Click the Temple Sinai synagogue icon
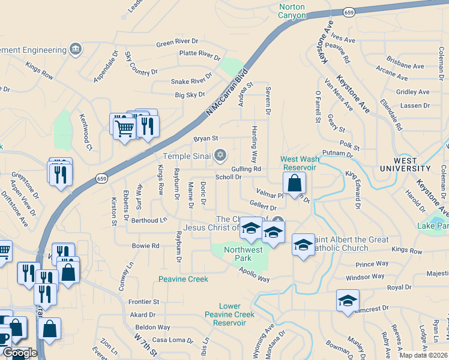[220, 155]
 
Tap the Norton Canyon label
[292, 11]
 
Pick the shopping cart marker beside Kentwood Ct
[124, 127]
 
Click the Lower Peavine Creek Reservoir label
[229, 314]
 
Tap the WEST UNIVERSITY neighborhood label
[406, 165]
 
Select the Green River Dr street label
[177, 42]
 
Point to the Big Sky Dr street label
[190, 95]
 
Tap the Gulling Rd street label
[246, 170]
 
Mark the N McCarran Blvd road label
[226, 92]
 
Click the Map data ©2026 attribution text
[423, 355]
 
